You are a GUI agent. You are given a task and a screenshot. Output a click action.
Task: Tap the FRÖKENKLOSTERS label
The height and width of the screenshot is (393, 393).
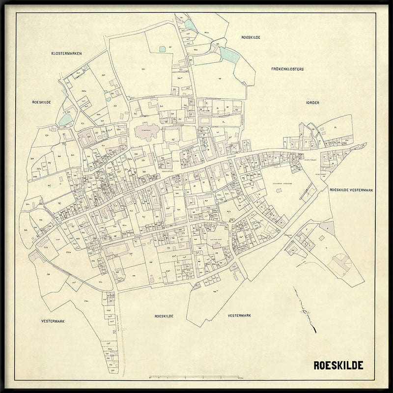pyautogui.click(x=287, y=69)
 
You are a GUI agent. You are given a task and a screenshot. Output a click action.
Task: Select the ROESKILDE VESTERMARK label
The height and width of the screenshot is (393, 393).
pyautogui.click(x=352, y=189)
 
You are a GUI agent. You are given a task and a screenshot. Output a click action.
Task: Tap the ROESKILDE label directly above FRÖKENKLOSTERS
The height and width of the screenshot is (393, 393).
pyautogui.click(x=251, y=37)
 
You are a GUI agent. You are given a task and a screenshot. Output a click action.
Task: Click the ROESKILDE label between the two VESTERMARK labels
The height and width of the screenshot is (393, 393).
pyautogui.click(x=165, y=316)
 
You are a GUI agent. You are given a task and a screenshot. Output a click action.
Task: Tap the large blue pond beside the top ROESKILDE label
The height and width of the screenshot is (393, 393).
pyautogui.click(x=227, y=54)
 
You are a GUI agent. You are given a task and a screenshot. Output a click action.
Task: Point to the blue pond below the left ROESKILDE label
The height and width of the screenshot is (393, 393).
pyautogui.click(x=65, y=119)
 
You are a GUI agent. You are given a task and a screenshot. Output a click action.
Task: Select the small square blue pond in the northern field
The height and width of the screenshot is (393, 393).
pyautogui.click(x=163, y=48)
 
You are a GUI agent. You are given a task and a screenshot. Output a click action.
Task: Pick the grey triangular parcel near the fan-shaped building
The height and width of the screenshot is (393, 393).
pyautogui.click(x=327, y=228)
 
